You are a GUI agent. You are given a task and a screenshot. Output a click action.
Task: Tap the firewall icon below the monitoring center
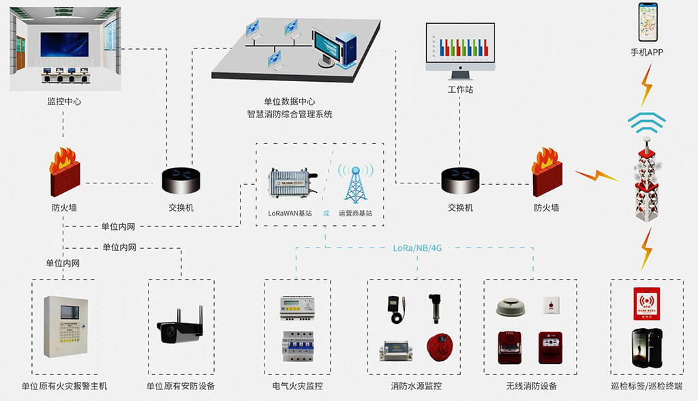tap(64, 172)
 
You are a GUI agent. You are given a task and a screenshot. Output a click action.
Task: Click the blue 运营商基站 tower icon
tap(356, 183)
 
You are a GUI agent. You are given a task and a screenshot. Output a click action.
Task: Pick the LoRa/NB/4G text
tap(417, 248)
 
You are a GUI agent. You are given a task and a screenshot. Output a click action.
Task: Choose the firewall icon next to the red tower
tap(547, 171)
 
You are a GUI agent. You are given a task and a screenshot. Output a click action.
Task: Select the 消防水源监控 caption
tap(416, 386)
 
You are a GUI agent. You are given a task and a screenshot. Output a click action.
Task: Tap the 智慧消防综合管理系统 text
tap(290, 115)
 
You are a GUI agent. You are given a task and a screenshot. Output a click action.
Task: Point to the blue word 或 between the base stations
tap(326, 213)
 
